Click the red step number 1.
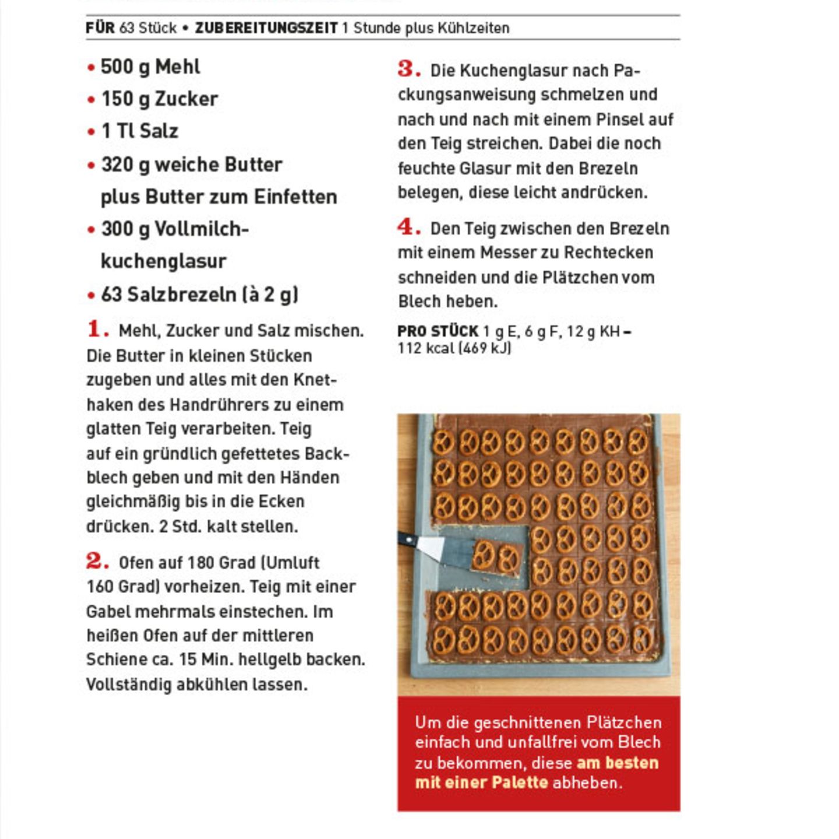pos(97,329)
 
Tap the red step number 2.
pos(97,561)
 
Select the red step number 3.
pos(408,69)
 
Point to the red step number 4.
pos(408,227)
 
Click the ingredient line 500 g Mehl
pos(150,67)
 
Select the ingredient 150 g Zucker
pos(159,99)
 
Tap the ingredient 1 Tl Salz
pos(140,131)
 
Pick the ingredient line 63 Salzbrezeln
pos(199,294)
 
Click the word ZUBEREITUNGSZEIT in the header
pos(266,28)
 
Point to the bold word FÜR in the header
pos(100,28)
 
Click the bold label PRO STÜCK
pos(438,332)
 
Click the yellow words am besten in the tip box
pos(617,763)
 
